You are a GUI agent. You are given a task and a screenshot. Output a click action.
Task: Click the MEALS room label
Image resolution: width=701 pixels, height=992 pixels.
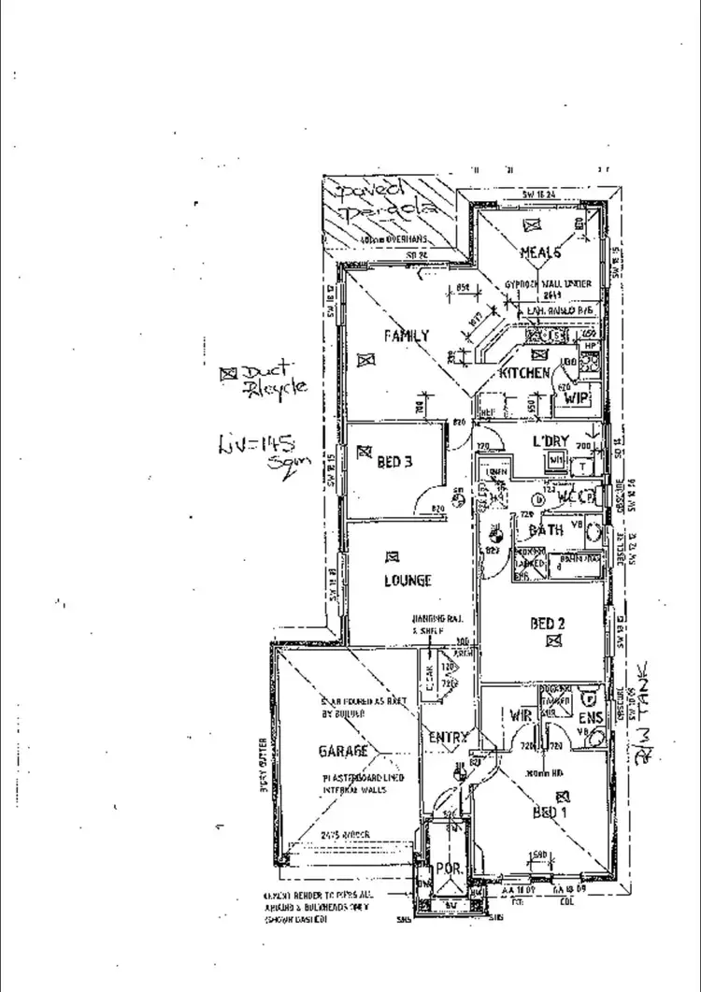[x=540, y=252]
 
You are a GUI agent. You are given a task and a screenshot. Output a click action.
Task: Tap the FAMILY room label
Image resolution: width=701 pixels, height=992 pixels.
[x=406, y=336]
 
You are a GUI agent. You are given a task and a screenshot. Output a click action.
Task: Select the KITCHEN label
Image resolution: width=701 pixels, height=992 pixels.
[x=524, y=373]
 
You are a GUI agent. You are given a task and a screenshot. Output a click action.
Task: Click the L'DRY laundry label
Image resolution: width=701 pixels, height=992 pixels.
[x=551, y=439]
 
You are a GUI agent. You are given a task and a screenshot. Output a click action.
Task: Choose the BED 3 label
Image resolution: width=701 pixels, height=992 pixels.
[x=394, y=462]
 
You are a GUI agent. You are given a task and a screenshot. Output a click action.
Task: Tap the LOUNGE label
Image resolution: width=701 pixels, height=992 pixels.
[x=408, y=581]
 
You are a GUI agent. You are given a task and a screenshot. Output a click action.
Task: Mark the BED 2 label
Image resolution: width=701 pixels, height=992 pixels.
[x=548, y=624]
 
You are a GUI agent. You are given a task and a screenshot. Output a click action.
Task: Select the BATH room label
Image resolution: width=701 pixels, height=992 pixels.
[x=546, y=530]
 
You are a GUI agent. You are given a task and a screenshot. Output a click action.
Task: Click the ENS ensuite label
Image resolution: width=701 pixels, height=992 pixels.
[x=591, y=717]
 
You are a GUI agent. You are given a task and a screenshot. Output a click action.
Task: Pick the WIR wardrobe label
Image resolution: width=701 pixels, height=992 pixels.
[x=521, y=716]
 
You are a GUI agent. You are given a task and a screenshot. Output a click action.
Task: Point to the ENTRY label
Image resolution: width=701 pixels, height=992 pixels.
[x=447, y=738]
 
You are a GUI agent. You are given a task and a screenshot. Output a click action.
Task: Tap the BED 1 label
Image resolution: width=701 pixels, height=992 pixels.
[x=550, y=812]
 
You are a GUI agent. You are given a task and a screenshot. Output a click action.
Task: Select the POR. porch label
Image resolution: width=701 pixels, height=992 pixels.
[x=451, y=867]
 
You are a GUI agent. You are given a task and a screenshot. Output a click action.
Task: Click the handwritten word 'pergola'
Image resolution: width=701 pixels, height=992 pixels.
[x=388, y=213]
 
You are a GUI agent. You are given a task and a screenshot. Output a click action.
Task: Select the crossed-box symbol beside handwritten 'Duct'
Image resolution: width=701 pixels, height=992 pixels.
[x=226, y=373]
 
